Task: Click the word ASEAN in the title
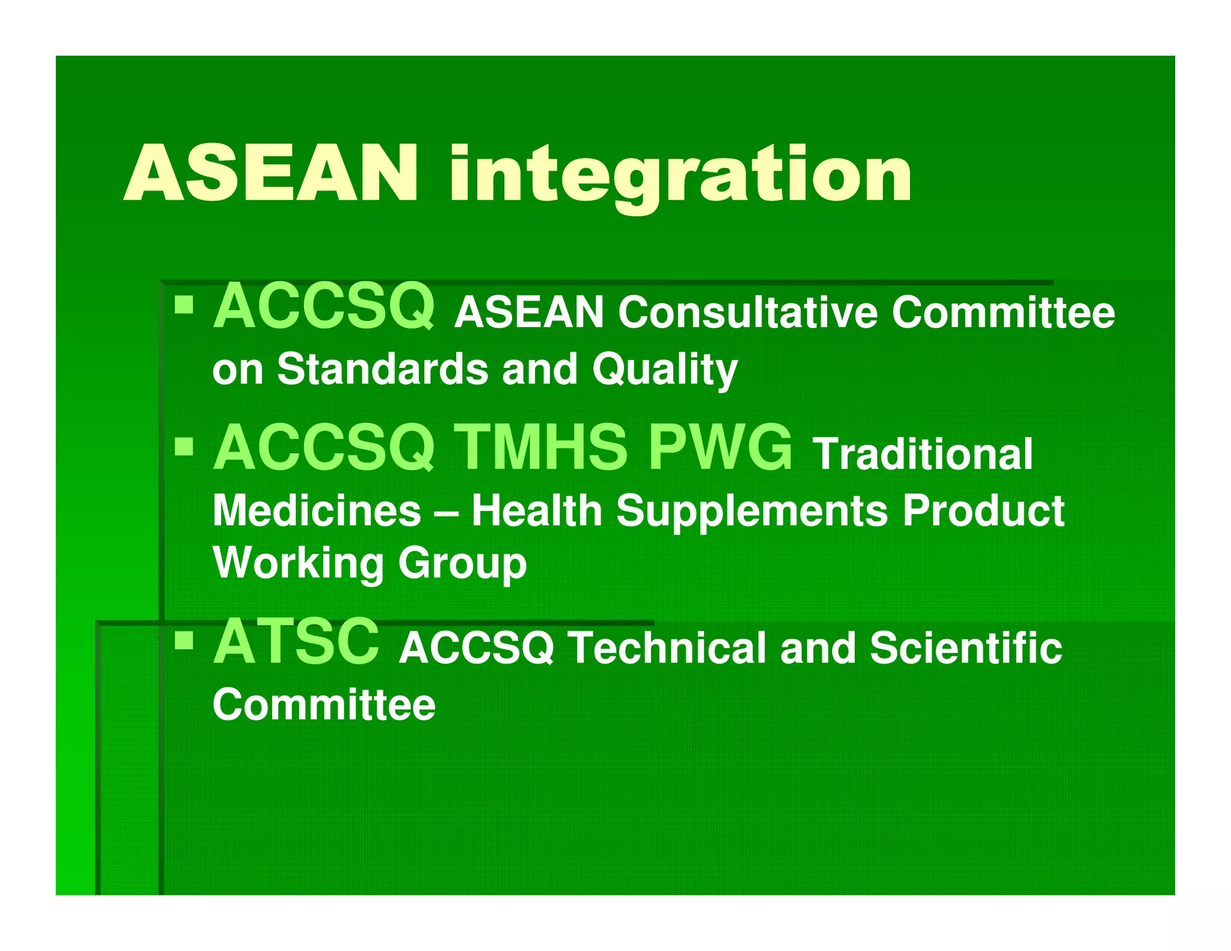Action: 270,174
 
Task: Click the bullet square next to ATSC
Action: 184,641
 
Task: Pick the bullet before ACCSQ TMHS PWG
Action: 184,447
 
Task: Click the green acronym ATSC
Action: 296,642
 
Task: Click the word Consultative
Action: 748,313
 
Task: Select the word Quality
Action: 664,370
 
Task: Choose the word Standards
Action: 382,368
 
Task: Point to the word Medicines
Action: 317,511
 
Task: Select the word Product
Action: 983,511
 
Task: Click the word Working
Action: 298,563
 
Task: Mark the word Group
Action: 462,564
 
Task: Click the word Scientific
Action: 966,648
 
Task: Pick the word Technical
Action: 667,648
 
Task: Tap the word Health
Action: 536,511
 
